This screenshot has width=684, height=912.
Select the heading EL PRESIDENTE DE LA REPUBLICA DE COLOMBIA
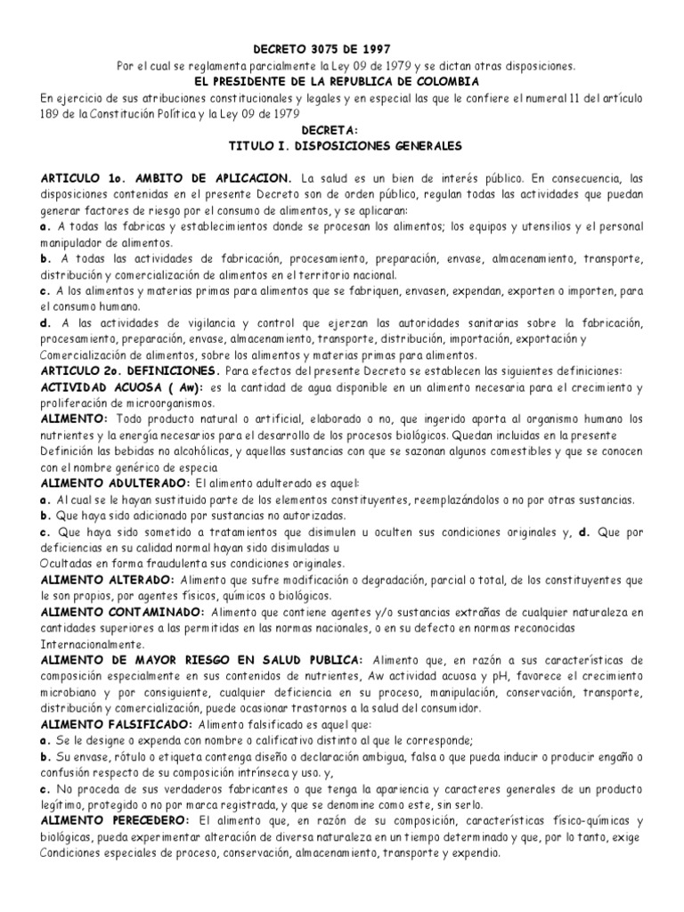341,81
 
